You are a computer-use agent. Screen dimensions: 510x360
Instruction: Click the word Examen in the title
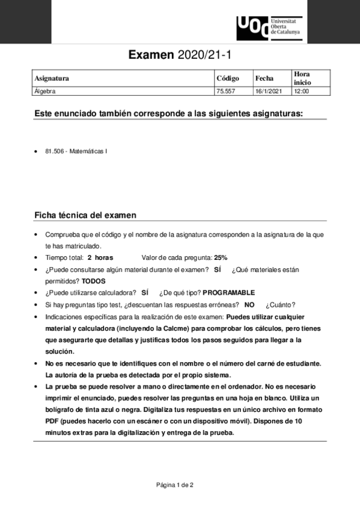click(x=151, y=55)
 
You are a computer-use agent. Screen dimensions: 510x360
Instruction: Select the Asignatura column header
click(x=52, y=78)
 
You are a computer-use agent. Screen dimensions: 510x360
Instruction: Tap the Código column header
click(x=227, y=78)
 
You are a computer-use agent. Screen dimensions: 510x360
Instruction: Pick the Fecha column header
click(x=264, y=78)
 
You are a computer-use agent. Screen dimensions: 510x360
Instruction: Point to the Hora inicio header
click(x=302, y=78)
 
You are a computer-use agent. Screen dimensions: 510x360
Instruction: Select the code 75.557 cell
click(x=225, y=91)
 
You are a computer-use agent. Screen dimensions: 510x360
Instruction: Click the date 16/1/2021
click(x=268, y=91)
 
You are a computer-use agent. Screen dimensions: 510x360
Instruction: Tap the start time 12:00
click(x=301, y=91)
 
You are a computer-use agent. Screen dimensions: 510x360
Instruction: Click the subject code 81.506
click(x=55, y=152)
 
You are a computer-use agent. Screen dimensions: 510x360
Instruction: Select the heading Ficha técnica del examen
click(x=85, y=215)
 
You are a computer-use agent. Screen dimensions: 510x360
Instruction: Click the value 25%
click(x=221, y=257)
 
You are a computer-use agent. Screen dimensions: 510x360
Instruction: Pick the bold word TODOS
click(x=93, y=281)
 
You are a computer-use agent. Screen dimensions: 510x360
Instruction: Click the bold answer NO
click(x=249, y=305)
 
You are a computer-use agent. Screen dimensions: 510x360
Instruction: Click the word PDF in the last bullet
click(x=53, y=422)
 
